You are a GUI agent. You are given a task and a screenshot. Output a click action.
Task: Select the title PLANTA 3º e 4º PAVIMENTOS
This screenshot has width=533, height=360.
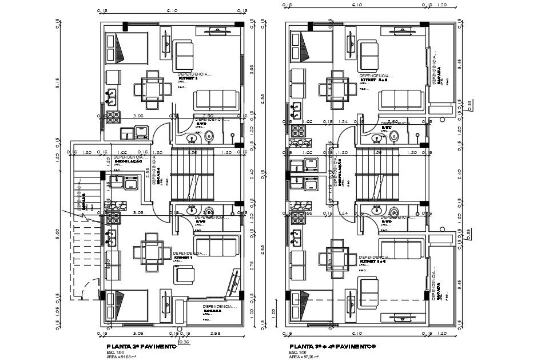point(332,346)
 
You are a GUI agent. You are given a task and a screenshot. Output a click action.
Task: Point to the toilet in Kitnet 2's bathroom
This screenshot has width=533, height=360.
point(210,136)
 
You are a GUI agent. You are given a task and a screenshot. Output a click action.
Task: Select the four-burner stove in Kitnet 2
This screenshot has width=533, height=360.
point(112,118)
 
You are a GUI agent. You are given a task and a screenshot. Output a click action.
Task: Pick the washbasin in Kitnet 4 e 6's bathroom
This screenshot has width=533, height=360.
point(377,137)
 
